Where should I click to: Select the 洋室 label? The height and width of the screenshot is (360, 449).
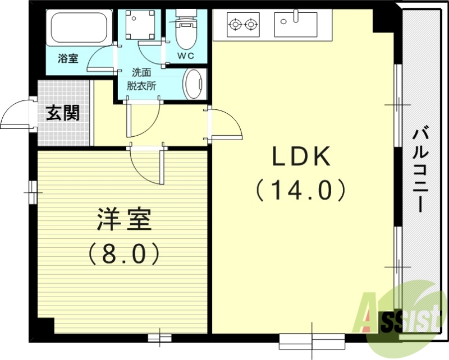point(124,220)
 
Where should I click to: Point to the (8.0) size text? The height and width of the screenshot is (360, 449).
point(124,254)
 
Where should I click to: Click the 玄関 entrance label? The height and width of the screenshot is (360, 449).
point(62,113)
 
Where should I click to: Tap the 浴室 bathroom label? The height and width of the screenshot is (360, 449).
point(68,58)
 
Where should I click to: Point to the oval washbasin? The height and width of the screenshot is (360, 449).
point(193,85)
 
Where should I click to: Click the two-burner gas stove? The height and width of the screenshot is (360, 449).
point(244,24)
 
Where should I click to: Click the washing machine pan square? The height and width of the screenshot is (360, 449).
point(140,25)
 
